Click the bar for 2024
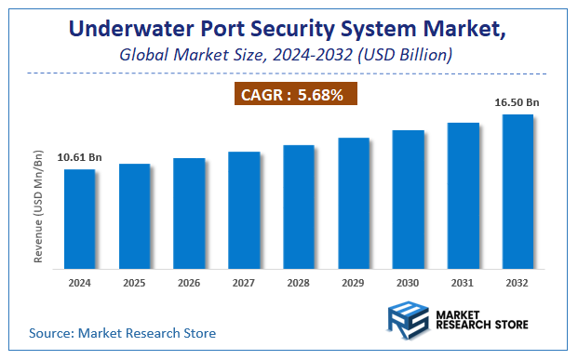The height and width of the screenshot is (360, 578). coord(79,220)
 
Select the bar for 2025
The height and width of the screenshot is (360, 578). coord(134,217)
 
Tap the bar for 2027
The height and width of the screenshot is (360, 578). coord(244,210)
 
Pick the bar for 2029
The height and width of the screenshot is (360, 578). coord(354,204)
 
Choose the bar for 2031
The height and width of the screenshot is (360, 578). coord(463,196)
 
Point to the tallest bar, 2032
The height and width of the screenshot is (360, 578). coord(518,193)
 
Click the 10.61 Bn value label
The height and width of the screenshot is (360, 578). coord(79,157)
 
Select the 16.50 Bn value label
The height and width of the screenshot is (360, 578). coord(518,101)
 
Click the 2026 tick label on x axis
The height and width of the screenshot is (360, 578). coord(189,282)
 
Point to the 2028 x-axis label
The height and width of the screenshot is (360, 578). coord(299,282)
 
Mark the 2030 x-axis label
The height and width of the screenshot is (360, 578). coord(408,282)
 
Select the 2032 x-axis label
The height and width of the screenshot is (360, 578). coord(518,282)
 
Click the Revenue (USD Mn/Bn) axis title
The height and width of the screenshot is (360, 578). coord(38,204)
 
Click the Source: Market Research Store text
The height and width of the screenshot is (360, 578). coord(122,332)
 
